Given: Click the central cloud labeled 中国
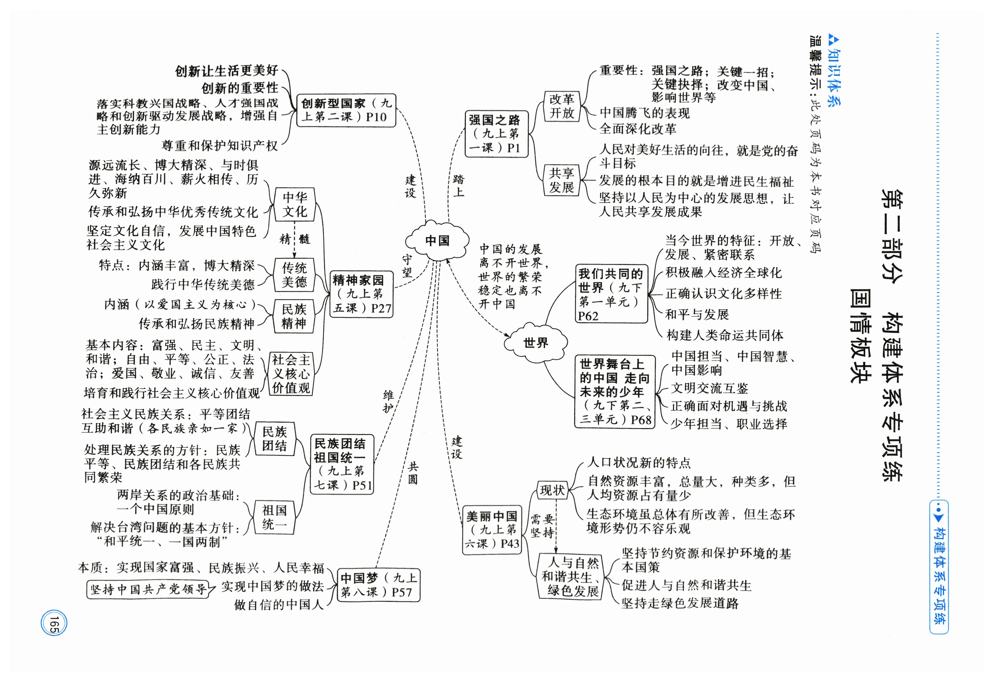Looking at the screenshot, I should tap(437, 241).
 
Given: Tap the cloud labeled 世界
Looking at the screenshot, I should tap(536, 343).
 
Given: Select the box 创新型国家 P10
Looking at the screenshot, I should tap(346, 110).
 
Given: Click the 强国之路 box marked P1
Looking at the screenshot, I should tap(496, 134).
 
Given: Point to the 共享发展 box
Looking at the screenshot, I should tap(561, 180).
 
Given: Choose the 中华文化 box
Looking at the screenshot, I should tap(294, 205).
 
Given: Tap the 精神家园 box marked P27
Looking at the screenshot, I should tap(361, 294).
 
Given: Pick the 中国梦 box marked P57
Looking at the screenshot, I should tap(378, 585).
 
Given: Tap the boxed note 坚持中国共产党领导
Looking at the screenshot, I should tap(148, 590).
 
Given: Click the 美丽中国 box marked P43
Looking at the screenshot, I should tap(492, 530).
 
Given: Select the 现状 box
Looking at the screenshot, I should tap(552, 490).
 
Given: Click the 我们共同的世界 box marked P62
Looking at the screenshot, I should tap(610, 294).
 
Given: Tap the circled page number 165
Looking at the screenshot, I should tap(54, 624).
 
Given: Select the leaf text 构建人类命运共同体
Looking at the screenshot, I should tap(724, 335).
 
